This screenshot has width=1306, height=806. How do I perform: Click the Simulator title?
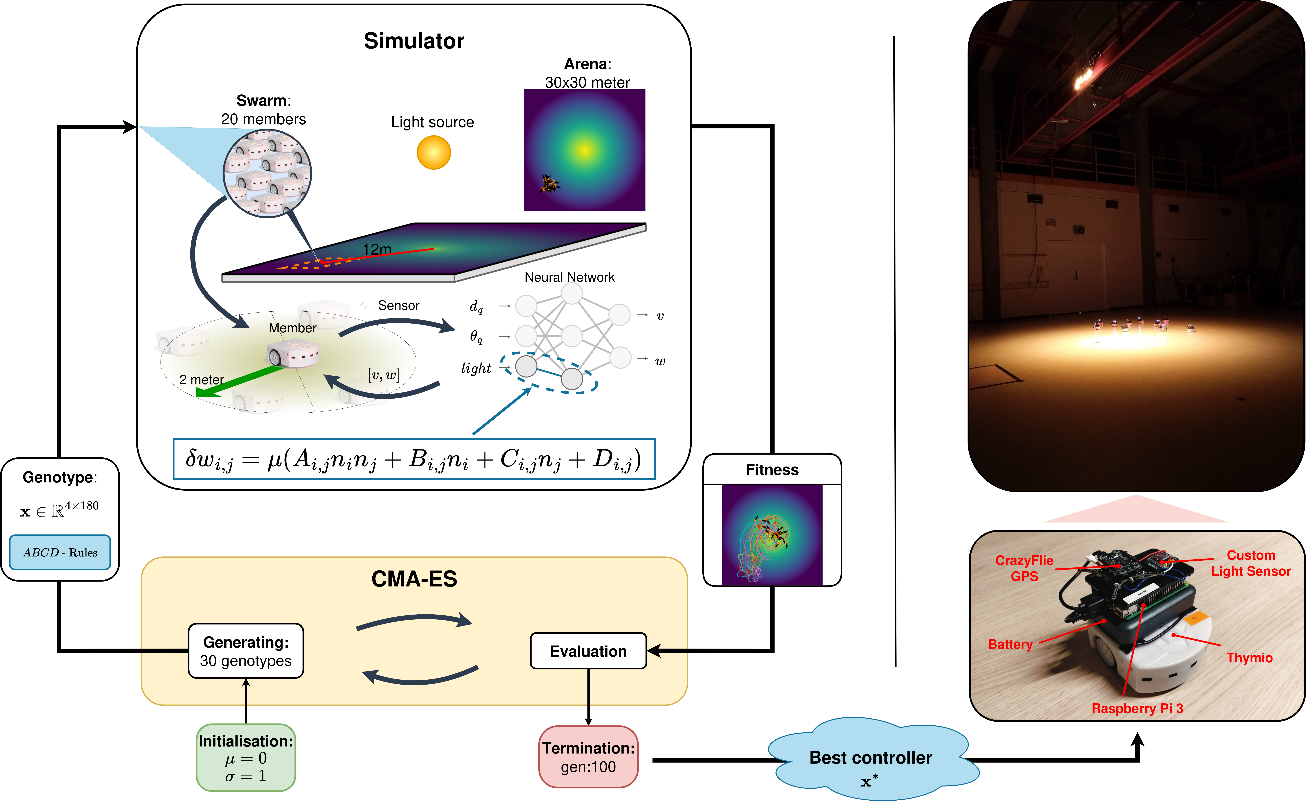pos(414,41)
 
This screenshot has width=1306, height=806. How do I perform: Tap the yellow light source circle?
pos(434,153)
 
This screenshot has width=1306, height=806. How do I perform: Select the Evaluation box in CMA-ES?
pos(588,651)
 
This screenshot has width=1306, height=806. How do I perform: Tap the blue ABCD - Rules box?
pos(60,552)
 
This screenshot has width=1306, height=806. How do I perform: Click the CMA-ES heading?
pos(414,579)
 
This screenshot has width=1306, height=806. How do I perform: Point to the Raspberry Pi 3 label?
pos(1137,709)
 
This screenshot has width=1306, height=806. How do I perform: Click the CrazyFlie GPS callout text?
pos(1024,568)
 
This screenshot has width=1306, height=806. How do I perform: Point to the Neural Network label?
pos(569,277)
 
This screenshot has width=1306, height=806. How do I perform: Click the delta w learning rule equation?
pos(414,459)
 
